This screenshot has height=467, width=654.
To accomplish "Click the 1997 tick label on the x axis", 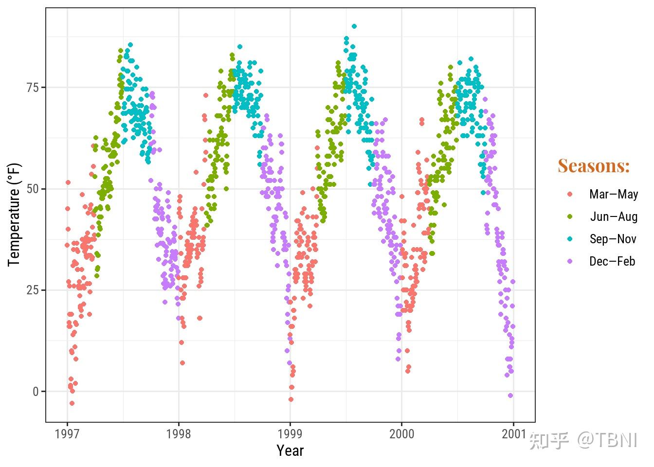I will [x=67, y=434].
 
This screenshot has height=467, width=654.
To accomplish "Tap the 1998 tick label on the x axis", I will [x=179, y=434].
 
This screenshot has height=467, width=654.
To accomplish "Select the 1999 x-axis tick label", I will [x=290, y=434].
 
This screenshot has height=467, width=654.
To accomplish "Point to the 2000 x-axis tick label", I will [x=401, y=434].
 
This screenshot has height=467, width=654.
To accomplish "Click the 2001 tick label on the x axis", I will [x=514, y=434].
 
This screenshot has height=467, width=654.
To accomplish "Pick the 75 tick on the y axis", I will [x=33, y=88].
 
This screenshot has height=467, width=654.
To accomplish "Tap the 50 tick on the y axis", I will [x=33, y=189].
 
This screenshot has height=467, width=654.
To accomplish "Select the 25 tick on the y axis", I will [x=33, y=290].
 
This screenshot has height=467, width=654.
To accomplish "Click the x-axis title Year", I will [x=290, y=451].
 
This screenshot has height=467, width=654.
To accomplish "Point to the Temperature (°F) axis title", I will [x=15, y=215].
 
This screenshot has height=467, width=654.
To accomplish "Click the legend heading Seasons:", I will [x=594, y=166].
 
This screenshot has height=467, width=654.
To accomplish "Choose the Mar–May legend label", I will [x=613, y=194].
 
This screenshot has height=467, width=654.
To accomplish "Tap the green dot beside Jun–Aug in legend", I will [x=570, y=216].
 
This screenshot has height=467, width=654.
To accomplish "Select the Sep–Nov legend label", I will [x=613, y=239].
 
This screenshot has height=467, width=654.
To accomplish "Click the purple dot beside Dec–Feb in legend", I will [x=570, y=261].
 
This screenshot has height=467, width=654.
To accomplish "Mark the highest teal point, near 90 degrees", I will [x=354, y=26].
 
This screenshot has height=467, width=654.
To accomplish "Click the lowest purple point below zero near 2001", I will [x=510, y=395].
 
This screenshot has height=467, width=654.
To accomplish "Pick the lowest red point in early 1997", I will [x=72, y=403].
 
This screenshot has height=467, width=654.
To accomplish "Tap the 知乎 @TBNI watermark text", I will [x=583, y=440].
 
